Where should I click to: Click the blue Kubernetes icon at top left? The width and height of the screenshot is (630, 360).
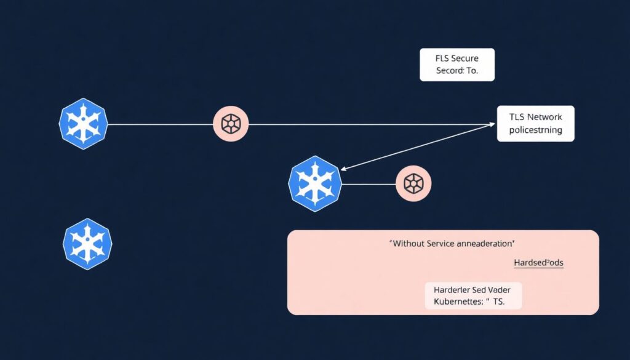[x=84, y=123]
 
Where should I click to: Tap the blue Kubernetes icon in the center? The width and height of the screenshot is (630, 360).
[x=315, y=183]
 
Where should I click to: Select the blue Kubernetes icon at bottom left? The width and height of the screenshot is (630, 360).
[x=87, y=242]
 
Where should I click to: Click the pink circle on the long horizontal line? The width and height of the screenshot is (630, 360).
[x=231, y=124]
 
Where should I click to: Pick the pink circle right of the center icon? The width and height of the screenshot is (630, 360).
[x=413, y=183]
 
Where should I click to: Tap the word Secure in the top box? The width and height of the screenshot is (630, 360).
[x=465, y=58]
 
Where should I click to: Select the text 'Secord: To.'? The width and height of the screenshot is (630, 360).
[x=457, y=71]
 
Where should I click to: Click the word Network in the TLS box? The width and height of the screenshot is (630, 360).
[x=544, y=116]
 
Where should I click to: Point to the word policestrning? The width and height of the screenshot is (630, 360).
[x=535, y=130]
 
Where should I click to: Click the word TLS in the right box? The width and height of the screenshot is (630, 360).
[x=517, y=116]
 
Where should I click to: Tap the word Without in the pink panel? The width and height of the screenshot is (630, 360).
[x=409, y=244]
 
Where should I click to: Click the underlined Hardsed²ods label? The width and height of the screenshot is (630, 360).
[x=538, y=263]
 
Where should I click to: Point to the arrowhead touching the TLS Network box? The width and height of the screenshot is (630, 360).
[x=492, y=124]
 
